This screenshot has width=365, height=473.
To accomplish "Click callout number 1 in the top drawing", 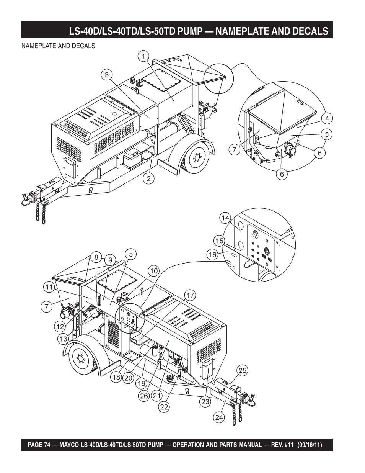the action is (143, 56).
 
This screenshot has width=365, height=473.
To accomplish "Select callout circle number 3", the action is (107, 75).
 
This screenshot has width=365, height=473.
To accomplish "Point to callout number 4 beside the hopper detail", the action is (327, 118).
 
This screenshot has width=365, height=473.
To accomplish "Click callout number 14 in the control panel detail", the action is (225, 218).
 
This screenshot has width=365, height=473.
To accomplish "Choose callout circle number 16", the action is (213, 254).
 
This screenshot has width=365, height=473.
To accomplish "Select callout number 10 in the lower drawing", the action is (154, 271).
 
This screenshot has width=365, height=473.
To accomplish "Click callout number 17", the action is (191, 295).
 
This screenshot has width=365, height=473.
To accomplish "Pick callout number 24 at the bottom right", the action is (219, 417).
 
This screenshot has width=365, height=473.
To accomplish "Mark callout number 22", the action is (164, 407).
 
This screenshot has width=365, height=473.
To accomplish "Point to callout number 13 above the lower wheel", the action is (63, 339).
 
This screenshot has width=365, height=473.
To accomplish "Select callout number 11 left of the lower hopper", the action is (48, 286).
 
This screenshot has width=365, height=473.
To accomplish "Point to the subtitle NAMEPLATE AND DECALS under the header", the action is (58, 46).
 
